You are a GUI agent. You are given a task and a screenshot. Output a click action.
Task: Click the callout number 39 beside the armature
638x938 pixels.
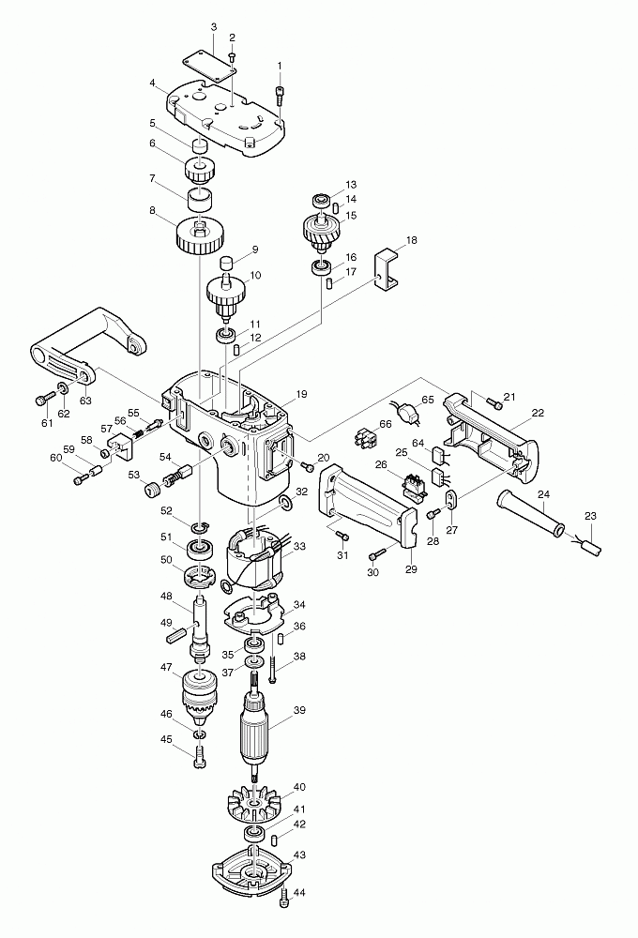[299, 710]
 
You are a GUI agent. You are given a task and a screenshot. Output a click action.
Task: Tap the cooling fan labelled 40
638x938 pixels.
[255, 806]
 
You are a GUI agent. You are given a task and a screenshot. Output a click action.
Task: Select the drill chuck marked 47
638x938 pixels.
[198, 696]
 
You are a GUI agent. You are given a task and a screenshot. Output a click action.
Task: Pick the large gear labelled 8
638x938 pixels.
[201, 237]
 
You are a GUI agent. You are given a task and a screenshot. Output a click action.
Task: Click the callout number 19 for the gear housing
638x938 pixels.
[301, 394]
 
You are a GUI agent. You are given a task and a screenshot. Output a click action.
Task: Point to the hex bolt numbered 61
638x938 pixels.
[45, 399]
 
